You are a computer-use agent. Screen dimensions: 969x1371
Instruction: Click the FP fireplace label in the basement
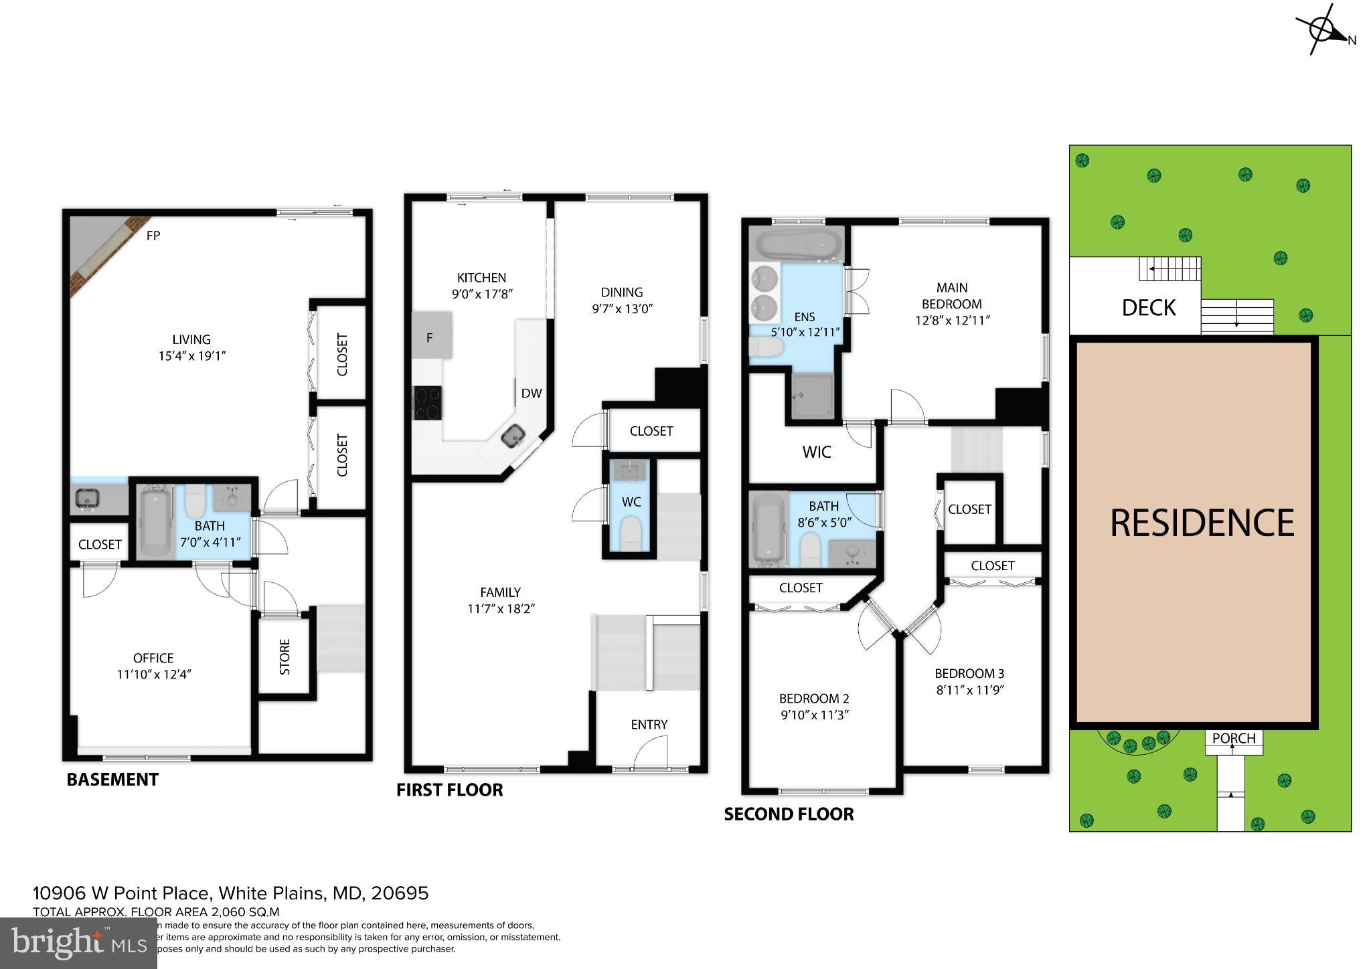click(x=153, y=236)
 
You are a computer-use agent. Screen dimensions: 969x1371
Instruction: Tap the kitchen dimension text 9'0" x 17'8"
click(x=481, y=294)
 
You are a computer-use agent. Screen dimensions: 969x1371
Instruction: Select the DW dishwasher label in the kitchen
click(x=531, y=393)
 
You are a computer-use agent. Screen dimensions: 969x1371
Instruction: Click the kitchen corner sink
click(x=515, y=436)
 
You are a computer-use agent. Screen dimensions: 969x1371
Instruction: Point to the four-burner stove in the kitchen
click(x=427, y=403)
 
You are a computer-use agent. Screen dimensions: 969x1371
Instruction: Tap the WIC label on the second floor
click(x=816, y=452)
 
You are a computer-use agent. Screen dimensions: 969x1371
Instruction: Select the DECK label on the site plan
click(x=1149, y=308)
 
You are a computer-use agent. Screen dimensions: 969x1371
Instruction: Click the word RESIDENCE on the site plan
click(x=1202, y=523)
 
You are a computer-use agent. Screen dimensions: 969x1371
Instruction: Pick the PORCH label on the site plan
click(x=1234, y=738)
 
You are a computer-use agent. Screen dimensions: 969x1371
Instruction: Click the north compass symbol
click(x=1322, y=31)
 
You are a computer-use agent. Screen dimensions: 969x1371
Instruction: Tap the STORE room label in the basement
click(x=285, y=656)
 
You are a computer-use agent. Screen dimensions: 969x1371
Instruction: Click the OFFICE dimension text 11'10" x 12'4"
click(x=154, y=675)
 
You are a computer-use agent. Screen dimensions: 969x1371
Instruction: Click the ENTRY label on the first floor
click(x=649, y=725)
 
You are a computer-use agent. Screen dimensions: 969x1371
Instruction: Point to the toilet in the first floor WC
click(x=631, y=536)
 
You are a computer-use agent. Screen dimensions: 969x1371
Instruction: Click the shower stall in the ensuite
click(x=813, y=397)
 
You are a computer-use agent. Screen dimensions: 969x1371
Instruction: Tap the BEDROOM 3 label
click(x=969, y=673)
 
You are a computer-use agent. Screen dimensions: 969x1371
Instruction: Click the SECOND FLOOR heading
click(x=789, y=814)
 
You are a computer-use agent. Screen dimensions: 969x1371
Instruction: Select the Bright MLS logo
click(x=78, y=943)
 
